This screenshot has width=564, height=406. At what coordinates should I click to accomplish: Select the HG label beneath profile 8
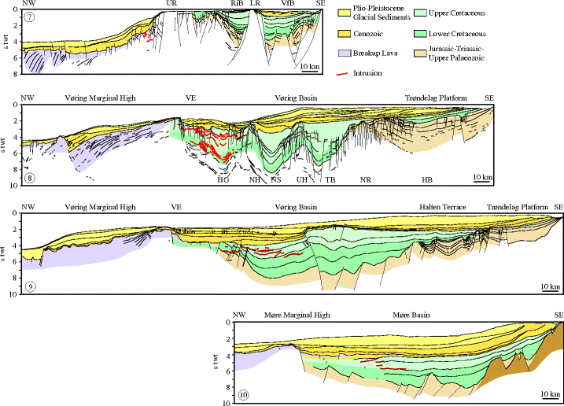coord(223,180)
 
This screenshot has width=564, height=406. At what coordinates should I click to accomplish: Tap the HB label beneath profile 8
coord(427,180)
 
